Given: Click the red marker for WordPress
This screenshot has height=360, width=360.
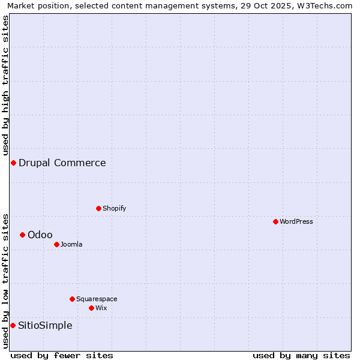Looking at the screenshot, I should (275, 221).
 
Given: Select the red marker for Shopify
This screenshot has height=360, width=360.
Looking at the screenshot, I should (98, 208).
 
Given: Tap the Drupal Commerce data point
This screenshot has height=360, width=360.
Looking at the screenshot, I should (13, 163).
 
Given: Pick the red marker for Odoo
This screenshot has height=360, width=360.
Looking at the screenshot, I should (22, 235).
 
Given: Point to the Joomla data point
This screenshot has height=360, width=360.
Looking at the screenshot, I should (56, 244).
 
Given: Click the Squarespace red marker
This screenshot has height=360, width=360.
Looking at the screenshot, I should (72, 299).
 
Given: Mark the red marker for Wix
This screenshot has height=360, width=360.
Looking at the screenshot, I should (91, 308).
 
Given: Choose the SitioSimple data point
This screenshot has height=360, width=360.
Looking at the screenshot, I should (13, 325).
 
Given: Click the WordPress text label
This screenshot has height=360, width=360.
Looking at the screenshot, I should (296, 221).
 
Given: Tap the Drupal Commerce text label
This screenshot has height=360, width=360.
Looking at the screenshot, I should (62, 163).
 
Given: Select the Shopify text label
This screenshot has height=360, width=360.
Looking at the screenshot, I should (114, 208).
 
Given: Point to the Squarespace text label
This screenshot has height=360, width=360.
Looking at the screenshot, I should (97, 299).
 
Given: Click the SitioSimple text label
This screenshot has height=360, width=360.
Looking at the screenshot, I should (45, 325).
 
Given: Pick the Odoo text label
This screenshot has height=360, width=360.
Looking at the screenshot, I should (40, 235).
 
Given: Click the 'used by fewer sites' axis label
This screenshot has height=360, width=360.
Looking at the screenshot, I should (62, 355).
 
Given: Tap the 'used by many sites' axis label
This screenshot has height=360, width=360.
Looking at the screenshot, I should (301, 355).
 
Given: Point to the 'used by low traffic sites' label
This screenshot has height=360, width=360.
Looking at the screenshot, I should (5, 281).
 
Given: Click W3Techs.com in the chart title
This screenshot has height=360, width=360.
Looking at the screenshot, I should (327, 6).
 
